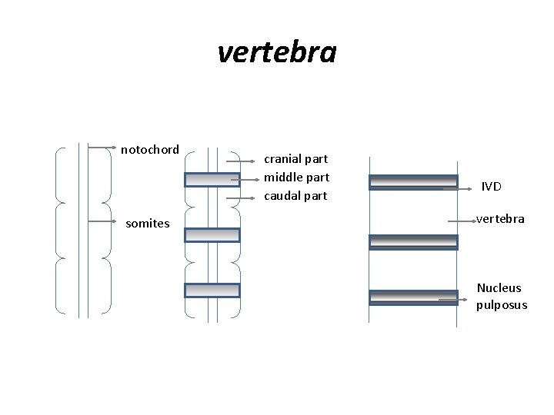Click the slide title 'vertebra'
pyautogui.click(x=277, y=53)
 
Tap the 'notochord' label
pyautogui.click(x=150, y=149)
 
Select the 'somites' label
pyautogui.click(x=148, y=224)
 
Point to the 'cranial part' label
pyautogui.click(x=296, y=159)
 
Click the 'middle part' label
pyautogui.click(x=296, y=178)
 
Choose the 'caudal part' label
pyautogui.click(x=295, y=196)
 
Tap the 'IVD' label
pyautogui.click(x=492, y=187)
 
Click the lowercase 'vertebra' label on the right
pyautogui.click(x=500, y=219)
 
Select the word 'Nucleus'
pyautogui.click(x=499, y=288)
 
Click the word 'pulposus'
pyautogui.click(x=502, y=305)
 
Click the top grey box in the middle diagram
pyautogui.click(x=212, y=179)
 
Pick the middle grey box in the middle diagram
pyautogui.click(x=212, y=234)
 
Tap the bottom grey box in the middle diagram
pyautogui.click(x=212, y=290)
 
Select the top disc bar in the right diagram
pyautogui.click(x=413, y=182)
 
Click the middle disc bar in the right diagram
pyautogui.click(x=413, y=242)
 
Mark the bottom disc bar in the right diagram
pyautogui.click(x=413, y=297)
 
